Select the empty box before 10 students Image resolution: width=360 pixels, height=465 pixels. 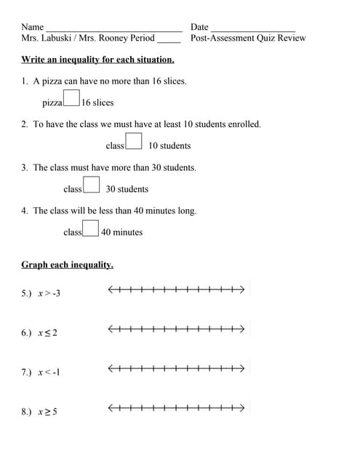(x=134, y=141)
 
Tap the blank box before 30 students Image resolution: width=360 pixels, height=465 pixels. (x=91, y=185)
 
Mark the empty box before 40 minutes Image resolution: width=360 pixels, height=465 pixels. (x=90, y=228)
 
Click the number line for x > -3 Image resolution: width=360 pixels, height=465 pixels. (x=175, y=291)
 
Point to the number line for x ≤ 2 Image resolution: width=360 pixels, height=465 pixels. (x=175, y=330)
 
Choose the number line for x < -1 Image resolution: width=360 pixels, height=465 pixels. (x=175, y=369)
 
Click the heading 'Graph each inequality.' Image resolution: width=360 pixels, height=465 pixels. (x=68, y=265)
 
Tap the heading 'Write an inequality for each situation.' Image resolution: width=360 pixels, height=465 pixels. (x=98, y=60)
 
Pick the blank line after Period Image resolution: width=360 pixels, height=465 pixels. (x=169, y=40)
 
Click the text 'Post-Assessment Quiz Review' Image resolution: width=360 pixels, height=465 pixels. (x=248, y=39)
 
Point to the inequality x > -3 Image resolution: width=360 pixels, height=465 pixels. (x=49, y=294)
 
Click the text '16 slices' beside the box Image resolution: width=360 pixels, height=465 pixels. (x=97, y=103)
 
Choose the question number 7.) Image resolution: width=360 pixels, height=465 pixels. (x=27, y=373)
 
